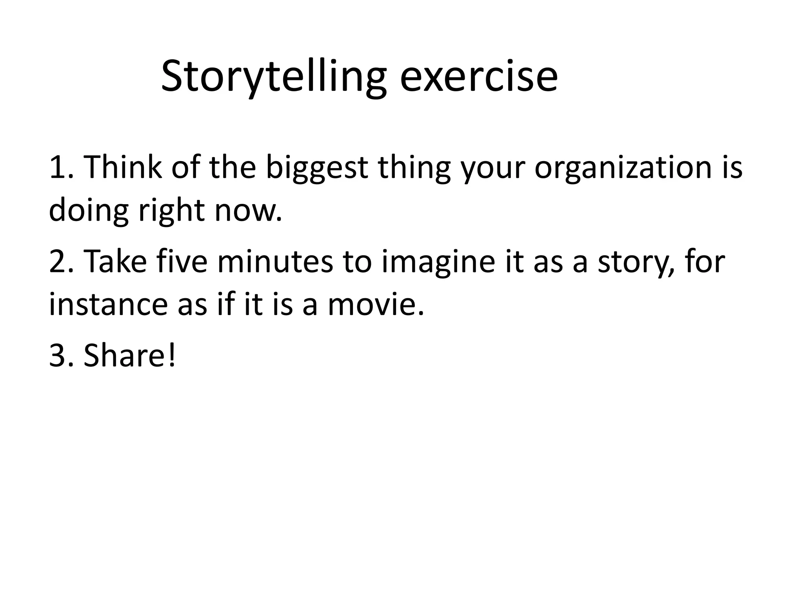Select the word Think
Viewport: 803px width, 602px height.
(122, 167)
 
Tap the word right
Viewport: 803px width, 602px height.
(172, 212)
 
